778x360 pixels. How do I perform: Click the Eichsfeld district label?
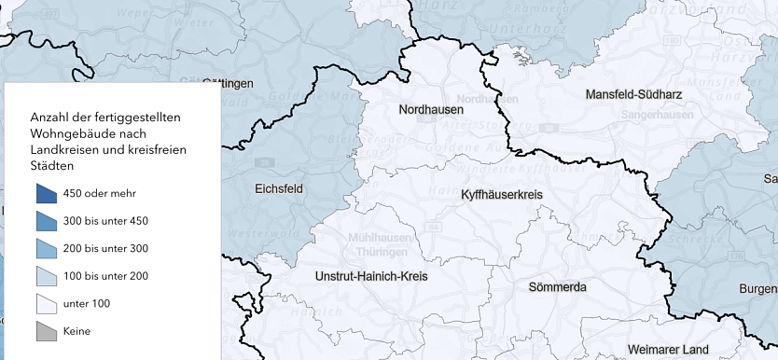coord(278,188)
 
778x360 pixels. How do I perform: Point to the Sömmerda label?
coord(557,286)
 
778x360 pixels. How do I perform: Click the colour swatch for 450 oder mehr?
coord(47,193)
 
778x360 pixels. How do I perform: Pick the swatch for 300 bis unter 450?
coord(47,221)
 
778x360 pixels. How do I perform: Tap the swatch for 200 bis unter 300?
coord(47,249)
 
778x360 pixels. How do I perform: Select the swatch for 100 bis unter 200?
coord(47,276)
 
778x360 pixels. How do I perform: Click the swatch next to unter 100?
coord(47,304)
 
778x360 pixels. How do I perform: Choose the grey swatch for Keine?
coord(47,331)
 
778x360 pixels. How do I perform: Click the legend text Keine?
coord(76,332)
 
